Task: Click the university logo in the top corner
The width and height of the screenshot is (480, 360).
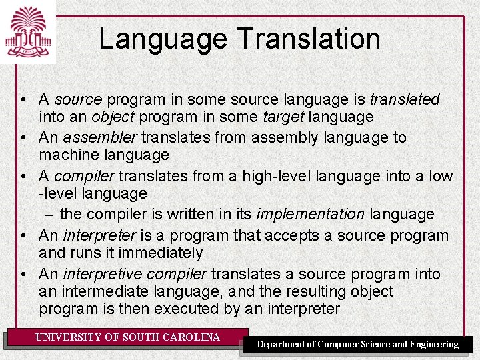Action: click(28, 31)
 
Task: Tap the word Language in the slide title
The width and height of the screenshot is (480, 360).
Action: click(163, 39)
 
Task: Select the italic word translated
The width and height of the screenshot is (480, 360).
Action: click(405, 100)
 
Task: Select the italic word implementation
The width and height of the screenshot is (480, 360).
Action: click(310, 215)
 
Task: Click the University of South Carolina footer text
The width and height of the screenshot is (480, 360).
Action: click(127, 337)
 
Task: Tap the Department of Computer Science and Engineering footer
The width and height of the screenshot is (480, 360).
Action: click(358, 345)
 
